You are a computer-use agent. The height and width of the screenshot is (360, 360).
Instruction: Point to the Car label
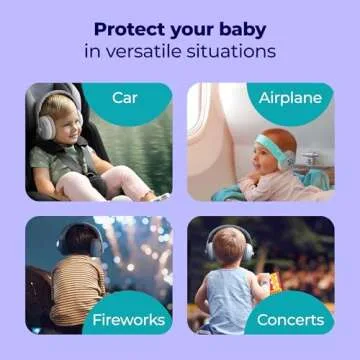point(125,97)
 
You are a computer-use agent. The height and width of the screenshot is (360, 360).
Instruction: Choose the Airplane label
point(290,97)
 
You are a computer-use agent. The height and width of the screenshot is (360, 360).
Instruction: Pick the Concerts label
point(290,320)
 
